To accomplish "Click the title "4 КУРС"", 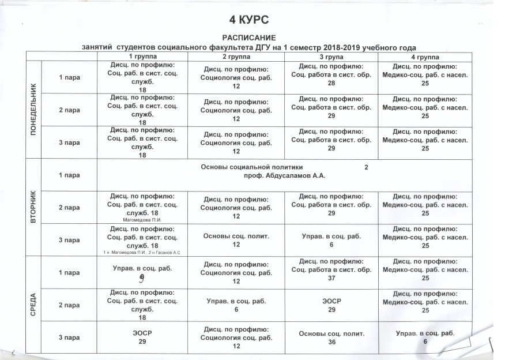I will point(250,21).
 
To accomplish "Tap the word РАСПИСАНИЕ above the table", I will point(250,37).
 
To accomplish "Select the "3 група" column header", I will point(330,57).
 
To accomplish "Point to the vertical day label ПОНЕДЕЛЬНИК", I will point(33,110).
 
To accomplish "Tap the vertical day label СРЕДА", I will point(33,305).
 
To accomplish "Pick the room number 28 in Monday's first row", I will point(331,83).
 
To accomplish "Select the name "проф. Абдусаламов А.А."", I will point(280,175).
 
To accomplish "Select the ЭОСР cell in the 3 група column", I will point(331,305).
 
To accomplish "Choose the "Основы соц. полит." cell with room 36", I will point(331,337).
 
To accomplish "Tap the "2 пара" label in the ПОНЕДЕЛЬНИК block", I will point(69,110).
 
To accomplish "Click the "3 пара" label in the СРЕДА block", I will point(69,337).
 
